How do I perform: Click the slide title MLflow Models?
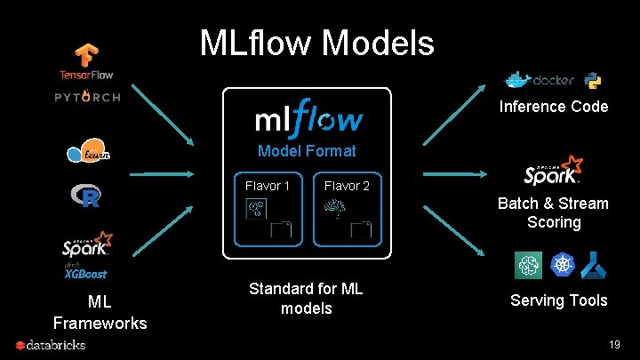[x=317, y=42]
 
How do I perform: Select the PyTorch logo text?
[x=87, y=97]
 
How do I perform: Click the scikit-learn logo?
[x=88, y=153]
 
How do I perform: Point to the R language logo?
[x=86, y=196]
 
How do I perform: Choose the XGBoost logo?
[x=86, y=274]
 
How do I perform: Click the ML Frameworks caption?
[x=100, y=311]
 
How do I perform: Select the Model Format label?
[x=307, y=151]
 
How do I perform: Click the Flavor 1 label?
[x=268, y=186]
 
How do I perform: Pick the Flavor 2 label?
[x=347, y=186]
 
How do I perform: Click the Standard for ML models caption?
[x=306, y=299]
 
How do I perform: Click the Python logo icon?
[x=593, y=81]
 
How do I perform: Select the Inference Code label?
[x=554, y=107]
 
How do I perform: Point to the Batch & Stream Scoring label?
[x=553, y=212]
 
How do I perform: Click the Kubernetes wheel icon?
[x=562, y=264]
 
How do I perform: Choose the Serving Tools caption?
[x=559, y=300]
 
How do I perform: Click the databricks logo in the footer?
[x=51, y=345]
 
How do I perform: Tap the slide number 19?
[x=613, y=344]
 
